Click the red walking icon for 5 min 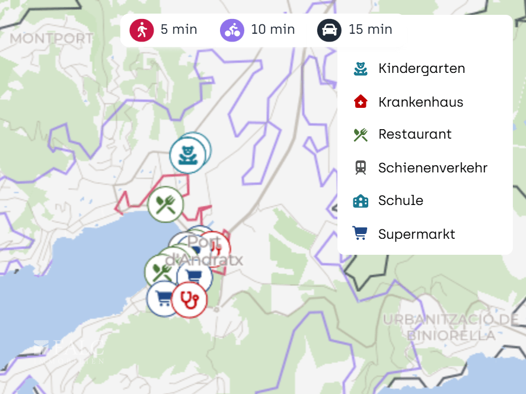pos(142,30)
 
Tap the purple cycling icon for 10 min pos(232,30)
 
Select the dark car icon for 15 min pos(329,30)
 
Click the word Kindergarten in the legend pos(422,69)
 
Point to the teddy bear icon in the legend pos(361,69)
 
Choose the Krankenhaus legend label pos(420,102)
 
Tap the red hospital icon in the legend pos(361,102)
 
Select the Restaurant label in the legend pos(415,134)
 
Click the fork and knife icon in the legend pos(361,134)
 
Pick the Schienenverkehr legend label pos(433,168)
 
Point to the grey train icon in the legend pos(361,168)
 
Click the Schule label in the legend pos(401,201)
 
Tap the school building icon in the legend pos(361,201)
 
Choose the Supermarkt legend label pos(417,234)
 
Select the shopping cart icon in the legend pos(360,234)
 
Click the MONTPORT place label pos(52,39)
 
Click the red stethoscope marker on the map pos(190,299)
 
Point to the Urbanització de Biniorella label pos(451,328)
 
